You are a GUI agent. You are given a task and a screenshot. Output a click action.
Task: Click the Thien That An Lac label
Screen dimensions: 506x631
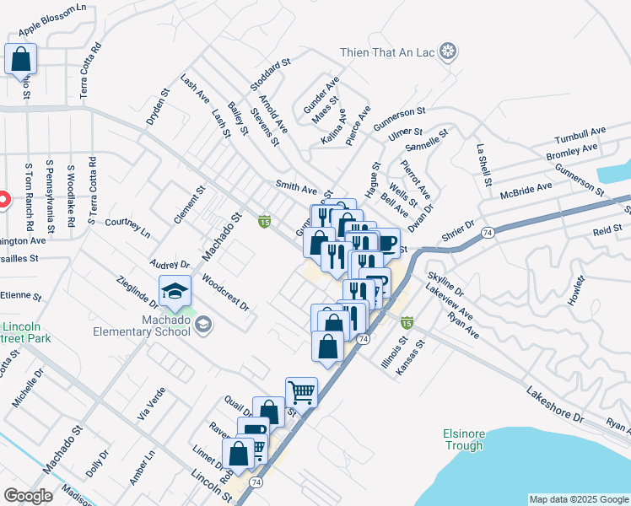point(386,52)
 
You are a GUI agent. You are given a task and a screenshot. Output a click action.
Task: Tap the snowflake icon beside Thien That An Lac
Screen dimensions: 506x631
point(448,52)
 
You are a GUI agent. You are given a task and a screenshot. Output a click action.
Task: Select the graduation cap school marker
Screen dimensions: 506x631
point(175,292)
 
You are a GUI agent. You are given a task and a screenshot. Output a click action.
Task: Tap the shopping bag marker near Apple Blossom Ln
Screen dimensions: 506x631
point(21,60)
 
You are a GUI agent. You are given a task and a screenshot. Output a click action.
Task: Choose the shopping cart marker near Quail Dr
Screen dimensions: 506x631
point(301,392)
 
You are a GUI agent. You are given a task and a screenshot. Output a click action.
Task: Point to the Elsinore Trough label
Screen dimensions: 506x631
point(463,439)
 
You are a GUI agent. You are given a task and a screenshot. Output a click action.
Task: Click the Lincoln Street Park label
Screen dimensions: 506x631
point(25,332)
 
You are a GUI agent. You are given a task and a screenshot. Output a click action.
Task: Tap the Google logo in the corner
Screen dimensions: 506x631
point(28,496)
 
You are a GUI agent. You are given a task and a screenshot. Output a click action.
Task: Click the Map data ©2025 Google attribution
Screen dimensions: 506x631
point(578,499)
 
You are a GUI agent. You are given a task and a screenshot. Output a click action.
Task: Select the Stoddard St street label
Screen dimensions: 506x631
point(270,74)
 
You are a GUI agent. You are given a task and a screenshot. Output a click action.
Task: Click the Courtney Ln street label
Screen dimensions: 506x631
point(127,227)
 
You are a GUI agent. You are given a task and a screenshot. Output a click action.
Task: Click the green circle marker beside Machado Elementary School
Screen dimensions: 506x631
point(203,324)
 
